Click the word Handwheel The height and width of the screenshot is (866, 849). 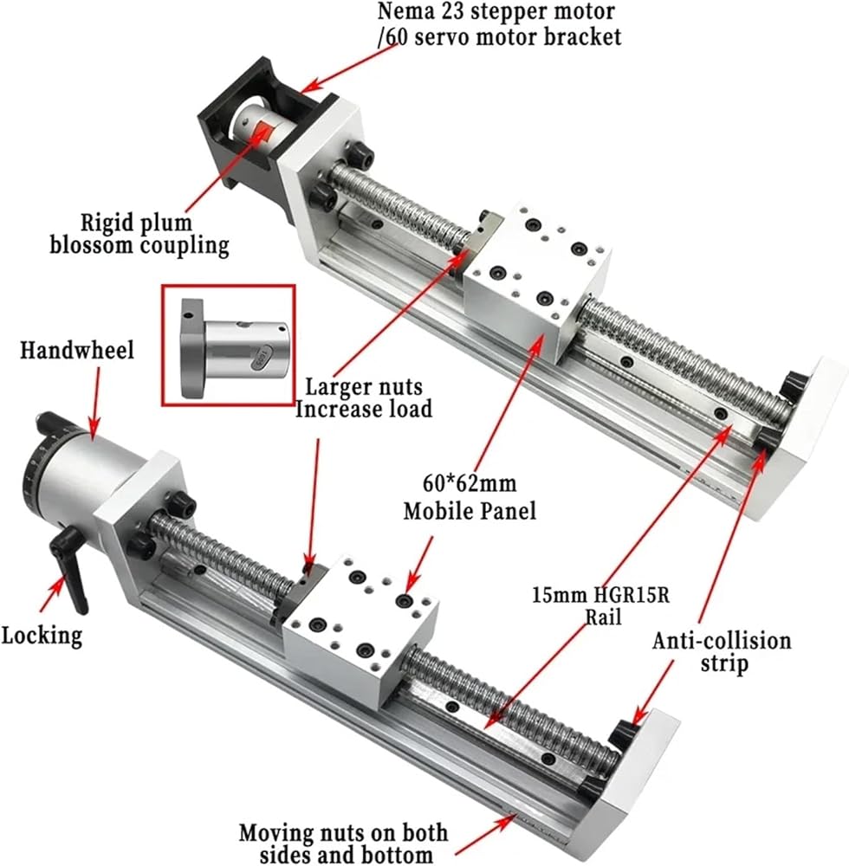tap(77, 350)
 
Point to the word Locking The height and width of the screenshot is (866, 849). tap(42, 636)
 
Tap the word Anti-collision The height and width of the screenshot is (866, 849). tap(722, 641)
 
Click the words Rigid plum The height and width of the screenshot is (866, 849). tap(136, 223)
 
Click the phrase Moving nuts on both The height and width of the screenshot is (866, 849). tap(344, 832)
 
